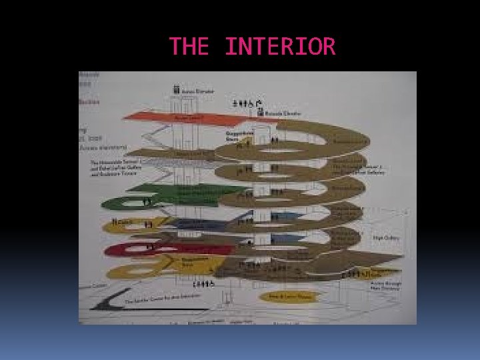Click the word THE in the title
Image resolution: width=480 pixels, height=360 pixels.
(x=189, y=47)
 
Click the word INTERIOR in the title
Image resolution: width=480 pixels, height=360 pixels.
(x=280, y=47)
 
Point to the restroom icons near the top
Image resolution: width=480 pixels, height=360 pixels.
(x=247, y=103)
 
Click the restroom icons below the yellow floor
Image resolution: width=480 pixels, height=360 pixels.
(x=203, y=285)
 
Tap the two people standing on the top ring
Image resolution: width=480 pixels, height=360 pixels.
(x=274, y=141)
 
